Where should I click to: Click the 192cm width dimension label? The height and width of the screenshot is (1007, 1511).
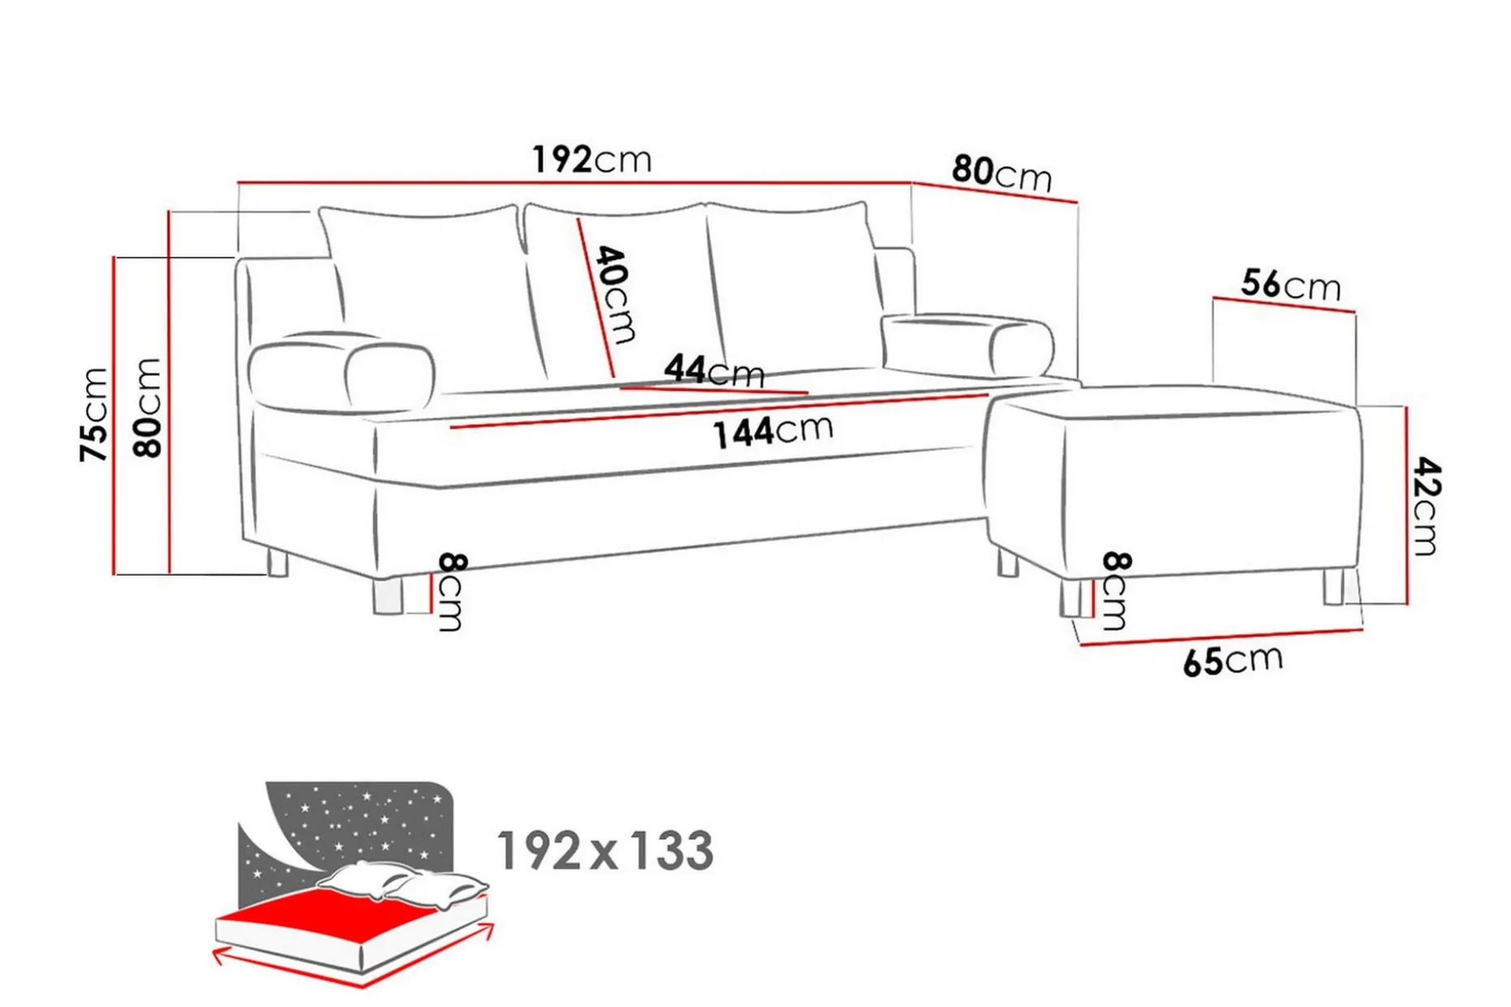(x=591, y=159)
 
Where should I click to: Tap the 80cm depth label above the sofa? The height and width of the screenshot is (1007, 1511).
(x=1002, y=173)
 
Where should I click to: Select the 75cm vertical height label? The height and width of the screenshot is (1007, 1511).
(x=95, y=414)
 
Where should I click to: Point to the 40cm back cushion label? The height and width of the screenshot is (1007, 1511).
(x=617, y=294)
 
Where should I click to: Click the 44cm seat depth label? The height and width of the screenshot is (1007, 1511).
(x=714, y=371)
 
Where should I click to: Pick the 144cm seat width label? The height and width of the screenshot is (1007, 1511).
(x=773, y=430)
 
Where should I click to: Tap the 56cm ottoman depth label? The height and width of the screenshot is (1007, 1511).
(x=1291, y=285)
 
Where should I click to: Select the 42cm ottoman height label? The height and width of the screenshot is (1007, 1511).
(x=1426, y=506)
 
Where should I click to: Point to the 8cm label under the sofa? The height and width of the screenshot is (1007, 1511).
(x=451, y=592)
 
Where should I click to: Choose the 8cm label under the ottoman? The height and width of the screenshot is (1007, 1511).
(x=1115, y=590)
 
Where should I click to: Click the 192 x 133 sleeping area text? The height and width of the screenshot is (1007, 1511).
(x=605, y=850)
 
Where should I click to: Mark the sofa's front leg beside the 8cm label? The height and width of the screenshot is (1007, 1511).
(x=387, y=595)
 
